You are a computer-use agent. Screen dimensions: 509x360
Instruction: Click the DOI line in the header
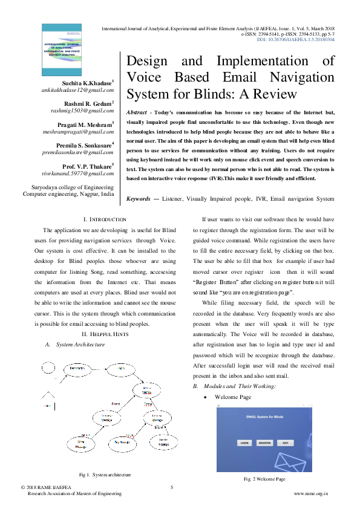[x=295, y=40]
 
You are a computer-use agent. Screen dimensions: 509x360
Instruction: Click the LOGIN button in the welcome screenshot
[x=244, y=443]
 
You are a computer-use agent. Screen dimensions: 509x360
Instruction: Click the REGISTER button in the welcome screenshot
[x=264, y=443]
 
